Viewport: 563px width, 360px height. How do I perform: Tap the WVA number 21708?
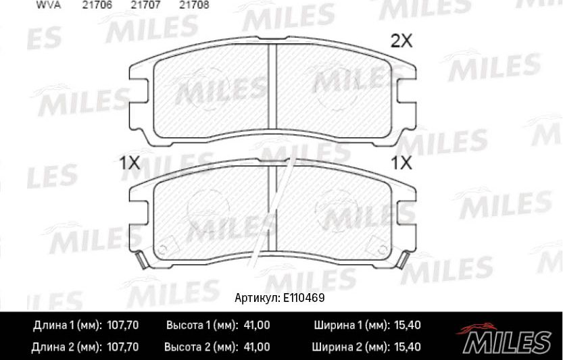point(194,4)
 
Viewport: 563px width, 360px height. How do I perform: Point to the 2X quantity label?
point(401,42)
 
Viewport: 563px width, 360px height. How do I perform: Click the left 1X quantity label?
point(129,163)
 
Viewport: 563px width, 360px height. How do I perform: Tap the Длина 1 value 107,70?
point(123,326)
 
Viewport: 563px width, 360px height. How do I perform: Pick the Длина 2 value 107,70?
point(123,347)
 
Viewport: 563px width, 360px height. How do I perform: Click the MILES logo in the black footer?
point(507,338)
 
